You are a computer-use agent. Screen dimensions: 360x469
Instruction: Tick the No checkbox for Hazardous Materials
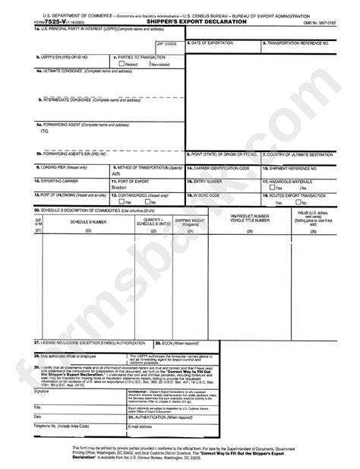[298, 187]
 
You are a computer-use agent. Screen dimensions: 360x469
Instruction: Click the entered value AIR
[116, 173]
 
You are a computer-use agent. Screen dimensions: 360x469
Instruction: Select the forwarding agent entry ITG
[44, 131]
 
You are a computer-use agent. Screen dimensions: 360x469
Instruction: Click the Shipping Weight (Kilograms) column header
[189, 221]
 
